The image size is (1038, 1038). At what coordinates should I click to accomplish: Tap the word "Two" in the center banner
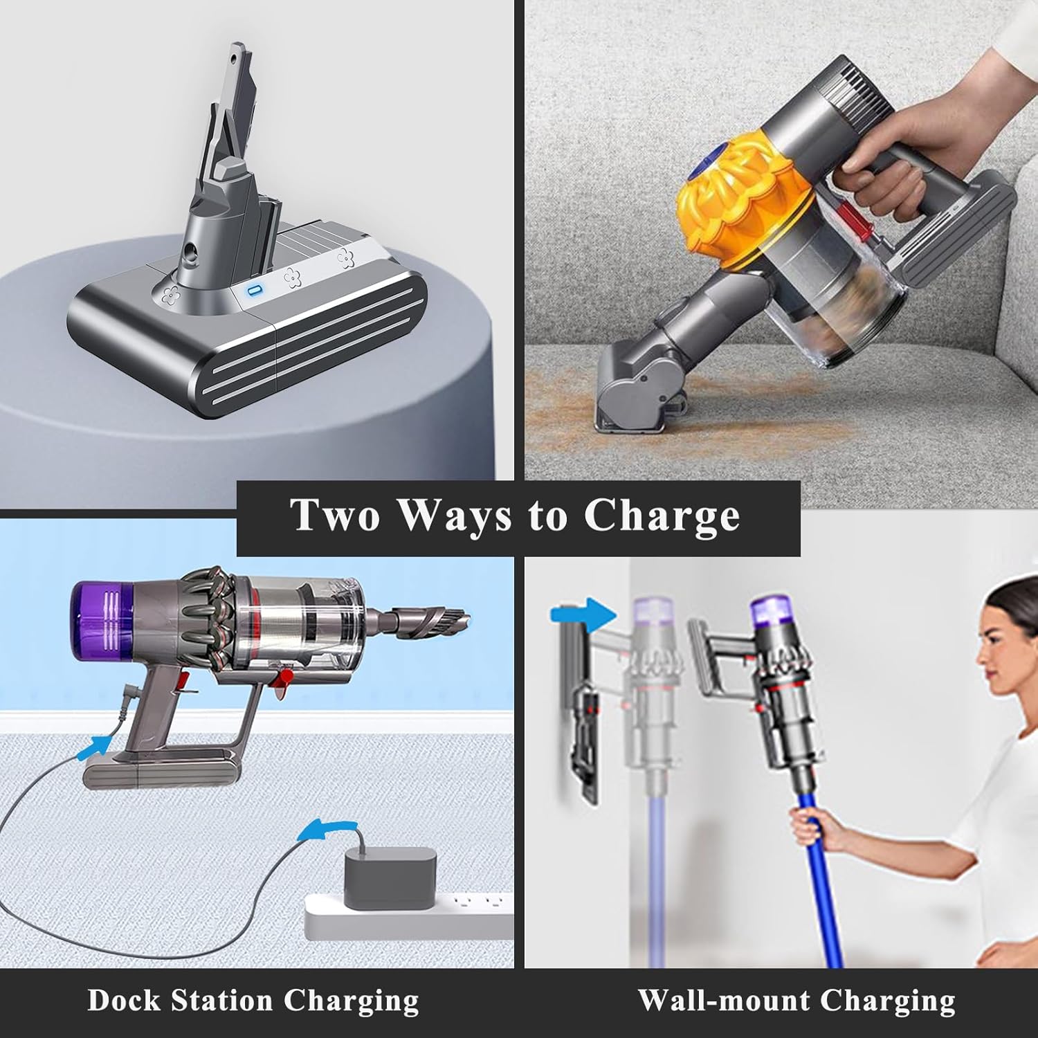334,515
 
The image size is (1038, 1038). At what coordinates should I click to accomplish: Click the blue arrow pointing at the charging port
95,746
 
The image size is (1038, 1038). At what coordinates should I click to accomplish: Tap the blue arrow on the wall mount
582,613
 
